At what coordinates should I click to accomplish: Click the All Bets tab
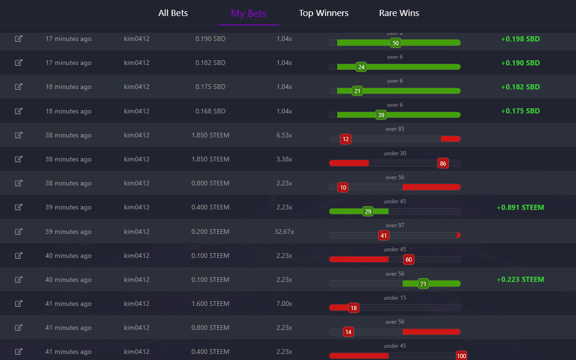(x=173, y=13)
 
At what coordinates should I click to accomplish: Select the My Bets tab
(x=248, y=13)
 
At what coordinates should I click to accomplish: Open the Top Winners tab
(x=324, y=13)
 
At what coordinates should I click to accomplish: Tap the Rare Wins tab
(x=399, y=13)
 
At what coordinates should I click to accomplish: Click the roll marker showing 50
(x=396, y=43)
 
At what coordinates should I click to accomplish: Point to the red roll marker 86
(x=443, y=163)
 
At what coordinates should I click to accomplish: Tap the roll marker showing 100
(x=461, y=356)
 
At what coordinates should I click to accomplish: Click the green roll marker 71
(x=423, y=284)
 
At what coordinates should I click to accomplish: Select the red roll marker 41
(x=383, y=235)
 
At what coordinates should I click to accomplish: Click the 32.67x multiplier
(x=284, y=232)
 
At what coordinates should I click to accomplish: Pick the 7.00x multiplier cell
(x=284, y=304)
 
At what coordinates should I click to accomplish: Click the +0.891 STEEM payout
(x=520, y=208)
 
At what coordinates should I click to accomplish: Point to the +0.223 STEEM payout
(x=520, y=280)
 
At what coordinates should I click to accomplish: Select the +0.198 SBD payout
(x=520, y=39)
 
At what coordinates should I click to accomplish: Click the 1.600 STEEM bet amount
(x=210, y=304)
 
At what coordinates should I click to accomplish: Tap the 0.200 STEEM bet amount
(x=210, y=232)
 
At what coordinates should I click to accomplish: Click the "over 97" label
(x=395, y=225)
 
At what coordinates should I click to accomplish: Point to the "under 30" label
(x=395, y=153)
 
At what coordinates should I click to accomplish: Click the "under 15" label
(x=395, y=298)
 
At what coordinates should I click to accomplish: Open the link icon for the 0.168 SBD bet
(x=18, y=111)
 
